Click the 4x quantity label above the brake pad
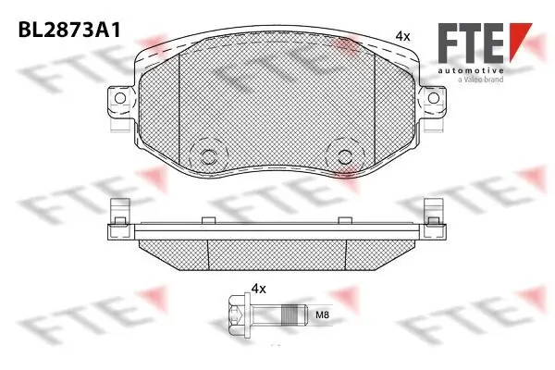[x=401, y=35]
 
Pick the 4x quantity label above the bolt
[x=258, y=290]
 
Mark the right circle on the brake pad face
[x=346, y=156]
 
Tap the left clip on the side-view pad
[x=116, y=212]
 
